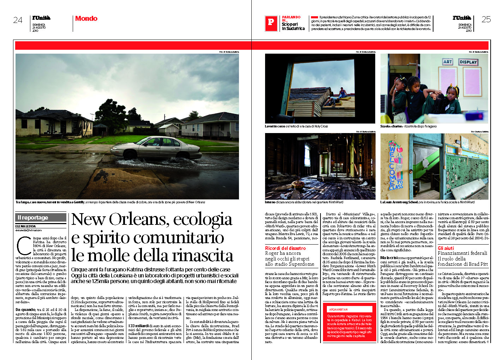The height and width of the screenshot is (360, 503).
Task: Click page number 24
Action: (x=18, y=20)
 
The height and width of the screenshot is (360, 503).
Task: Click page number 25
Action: (x=486, y=19)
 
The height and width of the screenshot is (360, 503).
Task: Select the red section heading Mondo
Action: (x=86, y=19)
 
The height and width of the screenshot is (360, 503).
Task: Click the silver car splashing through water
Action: (x=155, y=147)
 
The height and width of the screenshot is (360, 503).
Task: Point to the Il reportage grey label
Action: (x=41, y=217)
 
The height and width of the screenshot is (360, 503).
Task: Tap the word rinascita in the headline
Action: (x=198, y=256)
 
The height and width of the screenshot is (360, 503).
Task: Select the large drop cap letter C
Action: (x=24, y=246)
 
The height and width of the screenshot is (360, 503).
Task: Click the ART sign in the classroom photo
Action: (x=448, y=62)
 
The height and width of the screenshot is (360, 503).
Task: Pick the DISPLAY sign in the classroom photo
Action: (x=468, y=62)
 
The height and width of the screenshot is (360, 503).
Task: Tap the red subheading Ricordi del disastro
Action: (x=285, y=248)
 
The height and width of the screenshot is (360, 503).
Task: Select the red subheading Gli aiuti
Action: (x=446, y=248)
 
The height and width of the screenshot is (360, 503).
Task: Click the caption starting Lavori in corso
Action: (x=296, y=126)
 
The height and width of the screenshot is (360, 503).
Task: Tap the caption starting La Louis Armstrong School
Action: (x=427, y=202)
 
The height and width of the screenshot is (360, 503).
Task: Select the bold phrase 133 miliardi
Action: (x=138, y=326)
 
